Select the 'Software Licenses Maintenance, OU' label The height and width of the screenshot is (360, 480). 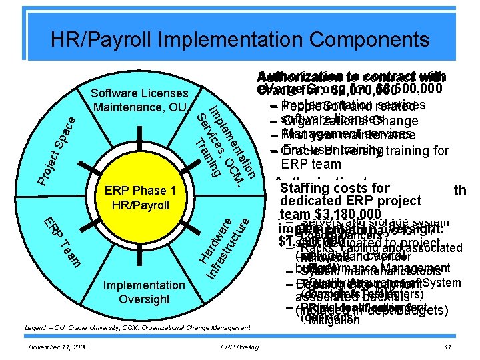141,99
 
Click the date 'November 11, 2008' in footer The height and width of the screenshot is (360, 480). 59,348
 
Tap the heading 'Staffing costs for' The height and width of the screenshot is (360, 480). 335,189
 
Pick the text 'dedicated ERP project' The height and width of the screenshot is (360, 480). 351,201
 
